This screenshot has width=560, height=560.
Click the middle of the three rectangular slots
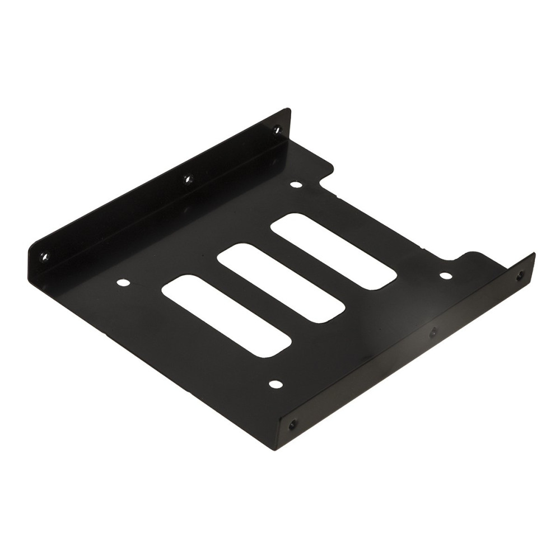(x=280, y=283)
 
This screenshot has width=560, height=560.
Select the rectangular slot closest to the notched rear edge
(x=334, y=251)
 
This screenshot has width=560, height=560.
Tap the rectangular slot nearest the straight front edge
(x=226, y=315)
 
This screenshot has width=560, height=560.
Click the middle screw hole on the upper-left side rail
(x=188, y=179)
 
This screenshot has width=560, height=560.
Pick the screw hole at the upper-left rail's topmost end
(x=277, y=130)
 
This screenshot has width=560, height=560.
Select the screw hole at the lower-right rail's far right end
(x=520, y=275)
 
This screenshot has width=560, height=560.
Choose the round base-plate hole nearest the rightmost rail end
(x=445, y=276)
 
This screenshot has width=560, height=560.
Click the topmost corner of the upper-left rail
(x=289, y=110)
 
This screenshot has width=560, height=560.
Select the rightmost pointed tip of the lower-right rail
(x=534, y=255)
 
